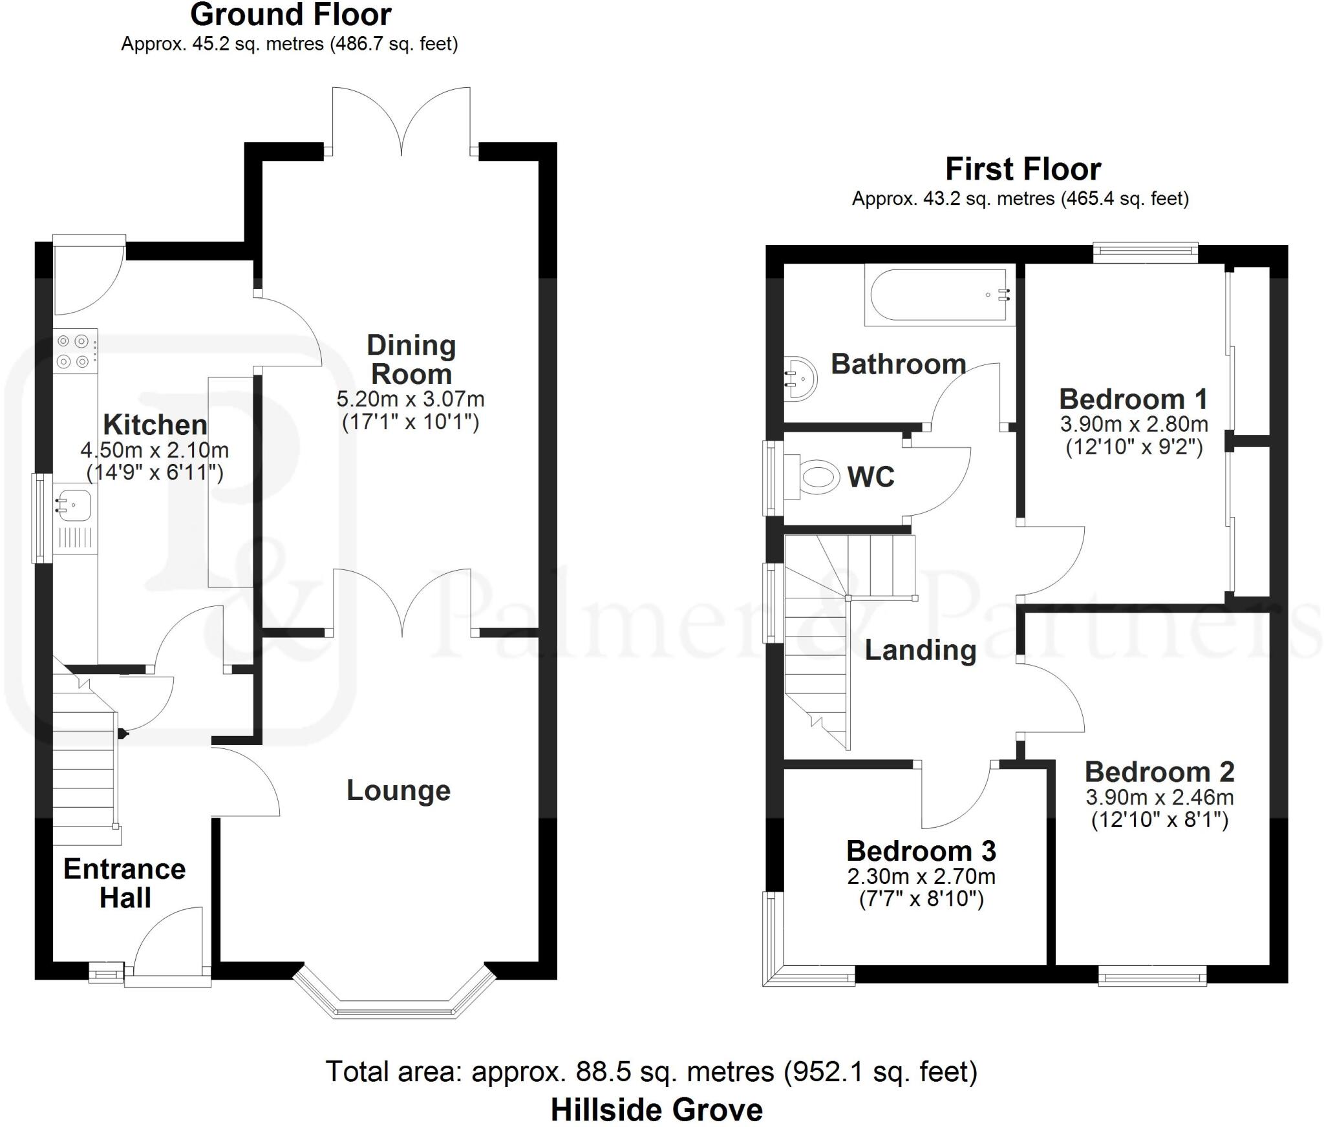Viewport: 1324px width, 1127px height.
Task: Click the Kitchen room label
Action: click(x=155, y=425)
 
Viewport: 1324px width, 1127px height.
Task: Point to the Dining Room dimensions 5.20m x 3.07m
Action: click(x=410, y=399)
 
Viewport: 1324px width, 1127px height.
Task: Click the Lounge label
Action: click(x=398, y=790)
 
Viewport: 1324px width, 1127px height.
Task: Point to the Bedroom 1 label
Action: click(x=1133, y=399)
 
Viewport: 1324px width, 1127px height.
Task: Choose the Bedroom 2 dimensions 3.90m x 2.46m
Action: click(x=1159, y=797)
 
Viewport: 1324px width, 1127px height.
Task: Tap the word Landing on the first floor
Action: click(x=920, y=650)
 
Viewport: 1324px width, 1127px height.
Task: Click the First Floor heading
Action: click(x=1023, y=169)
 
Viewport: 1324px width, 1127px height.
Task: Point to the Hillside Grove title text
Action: click(x=656, y=1110)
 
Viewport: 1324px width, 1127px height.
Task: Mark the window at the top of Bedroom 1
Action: click(x=1145, y=253)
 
